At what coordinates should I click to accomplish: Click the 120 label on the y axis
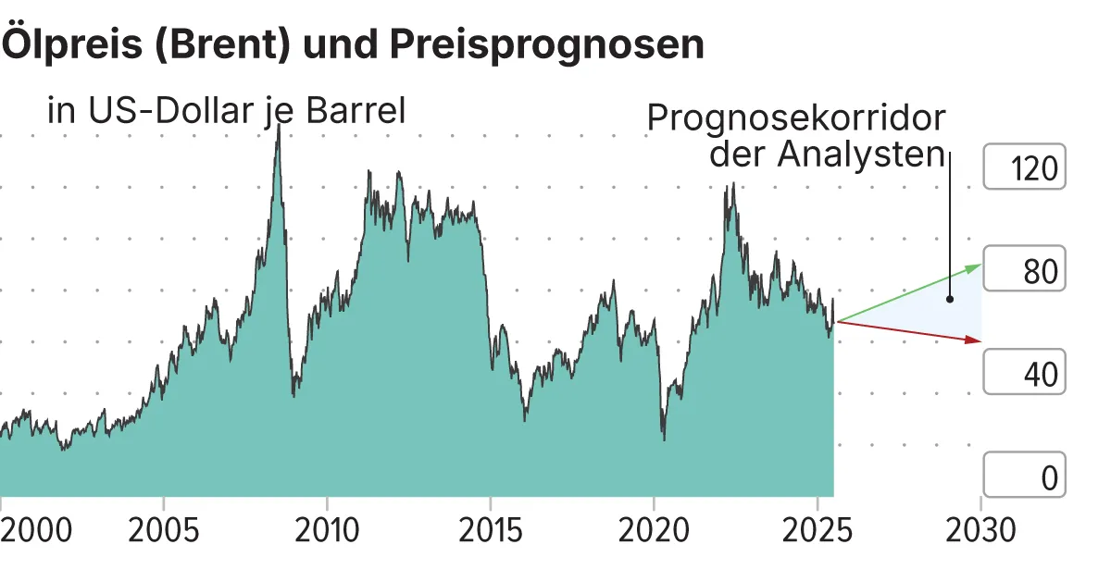[1034, 170]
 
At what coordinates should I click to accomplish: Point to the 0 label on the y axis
[1048, 478]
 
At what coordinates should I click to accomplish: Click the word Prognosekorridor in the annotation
[796, 119]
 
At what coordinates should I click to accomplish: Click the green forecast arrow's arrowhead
[975, 266]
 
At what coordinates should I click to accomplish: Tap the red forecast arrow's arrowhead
[974, 340]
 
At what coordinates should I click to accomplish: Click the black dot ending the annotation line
[950, 300]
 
